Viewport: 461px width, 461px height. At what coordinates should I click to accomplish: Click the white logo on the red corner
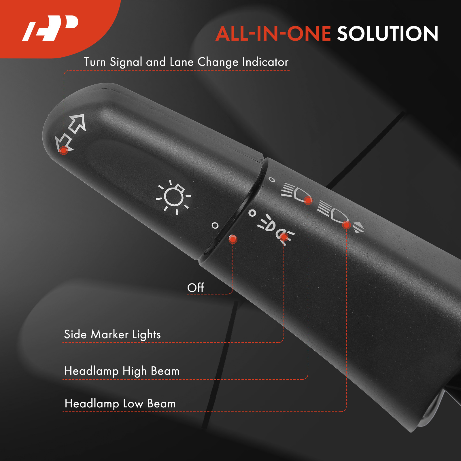click(50, 28)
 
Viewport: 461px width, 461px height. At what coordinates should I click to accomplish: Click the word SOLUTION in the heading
click(388, 34)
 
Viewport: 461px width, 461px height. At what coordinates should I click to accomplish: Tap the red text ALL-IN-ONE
click(273, 34)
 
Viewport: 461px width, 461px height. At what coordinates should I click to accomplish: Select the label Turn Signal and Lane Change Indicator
click(186, 62)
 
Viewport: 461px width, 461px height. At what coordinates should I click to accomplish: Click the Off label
click(196, 288)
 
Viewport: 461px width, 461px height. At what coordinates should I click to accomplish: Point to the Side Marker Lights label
click(112, 335)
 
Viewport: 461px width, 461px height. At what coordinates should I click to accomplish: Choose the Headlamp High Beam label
click(122, 371)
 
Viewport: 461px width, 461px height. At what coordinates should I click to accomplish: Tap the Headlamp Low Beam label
click(120, 404)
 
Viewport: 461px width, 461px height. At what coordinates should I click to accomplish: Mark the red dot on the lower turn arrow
click(64, 150)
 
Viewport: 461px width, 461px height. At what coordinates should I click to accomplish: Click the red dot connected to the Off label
click(233, 239)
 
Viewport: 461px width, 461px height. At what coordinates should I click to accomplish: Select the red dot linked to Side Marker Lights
click(284, 237)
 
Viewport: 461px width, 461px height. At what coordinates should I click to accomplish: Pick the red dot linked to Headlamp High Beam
click(308, 200)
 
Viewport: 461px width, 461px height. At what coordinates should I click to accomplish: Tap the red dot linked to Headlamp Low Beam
click(347, 225)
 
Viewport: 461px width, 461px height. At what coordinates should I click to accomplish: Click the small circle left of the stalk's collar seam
click(215, 226)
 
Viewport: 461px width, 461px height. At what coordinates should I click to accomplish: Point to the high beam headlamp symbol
click(294, 192)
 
